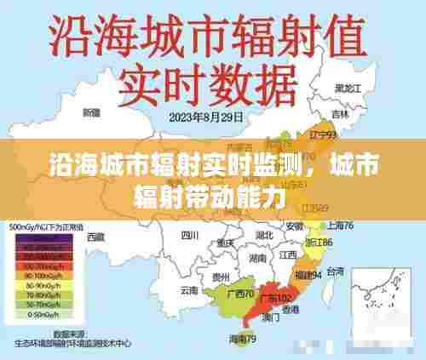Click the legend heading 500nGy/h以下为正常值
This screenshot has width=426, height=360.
(46, 228)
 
